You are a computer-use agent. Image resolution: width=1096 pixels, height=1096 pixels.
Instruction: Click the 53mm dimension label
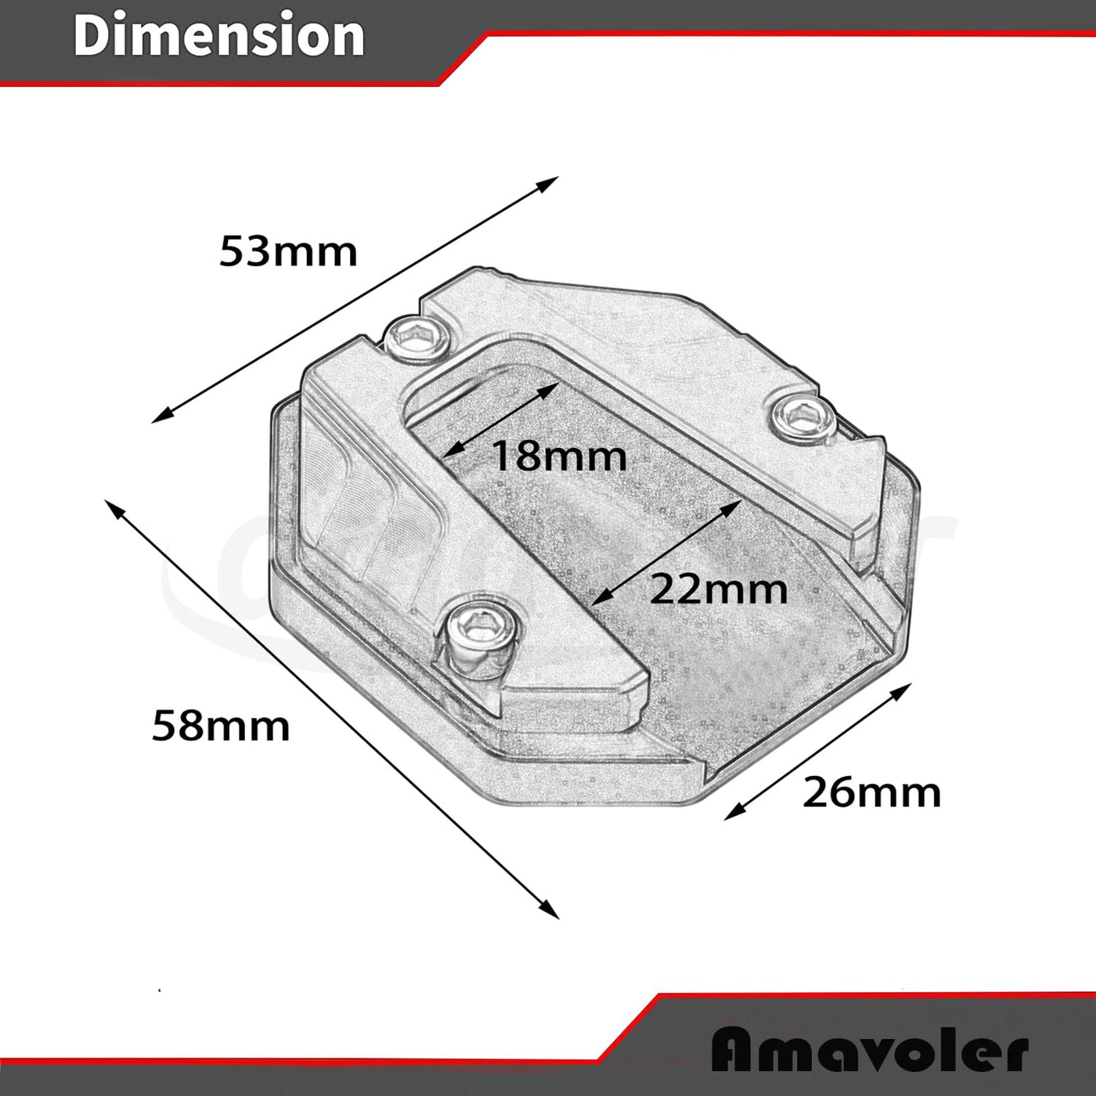(x=288, y=251)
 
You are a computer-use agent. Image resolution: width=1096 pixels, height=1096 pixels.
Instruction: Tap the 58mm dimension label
(x=221, y=726)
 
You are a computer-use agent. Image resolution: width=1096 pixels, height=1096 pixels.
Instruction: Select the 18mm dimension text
(x=558, y=456)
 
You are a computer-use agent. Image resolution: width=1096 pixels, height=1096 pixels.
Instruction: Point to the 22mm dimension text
(x=719, y=589)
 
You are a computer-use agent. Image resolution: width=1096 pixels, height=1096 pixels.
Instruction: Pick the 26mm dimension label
(x=871, y=792)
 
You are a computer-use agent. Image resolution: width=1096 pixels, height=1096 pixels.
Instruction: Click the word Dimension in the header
(x=219, y=35)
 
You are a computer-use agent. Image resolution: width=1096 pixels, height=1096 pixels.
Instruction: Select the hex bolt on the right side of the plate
(x=802, y=419)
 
